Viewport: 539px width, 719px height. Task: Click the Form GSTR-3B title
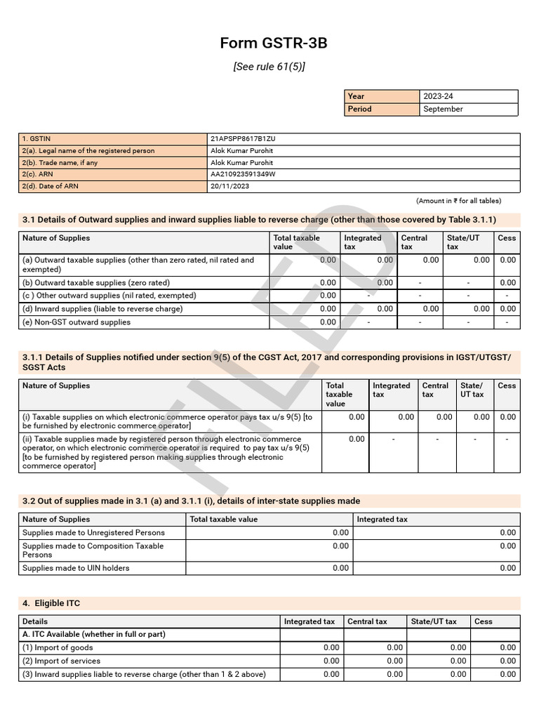(273, 44)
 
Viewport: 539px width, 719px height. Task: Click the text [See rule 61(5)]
(269, 67)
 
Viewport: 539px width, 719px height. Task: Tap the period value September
(443, 109)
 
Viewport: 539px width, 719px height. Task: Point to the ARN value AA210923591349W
(243, 174)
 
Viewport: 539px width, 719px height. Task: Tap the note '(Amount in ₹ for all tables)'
(458, 201)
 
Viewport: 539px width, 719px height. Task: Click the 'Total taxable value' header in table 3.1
(296, 242)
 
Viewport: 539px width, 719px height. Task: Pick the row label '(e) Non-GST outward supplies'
(76, 322)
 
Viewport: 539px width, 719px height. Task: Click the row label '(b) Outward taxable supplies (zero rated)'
(96, 283)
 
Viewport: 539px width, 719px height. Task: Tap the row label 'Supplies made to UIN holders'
(76, 568)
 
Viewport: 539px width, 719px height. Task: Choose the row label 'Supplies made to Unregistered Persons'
(93, 533)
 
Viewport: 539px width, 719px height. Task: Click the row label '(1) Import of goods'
(58, 647)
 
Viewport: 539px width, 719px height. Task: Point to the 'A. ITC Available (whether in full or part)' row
(94, 634)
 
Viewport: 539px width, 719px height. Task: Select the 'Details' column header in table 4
(35, 621)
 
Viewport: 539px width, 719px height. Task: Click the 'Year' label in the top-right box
(356, 96)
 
